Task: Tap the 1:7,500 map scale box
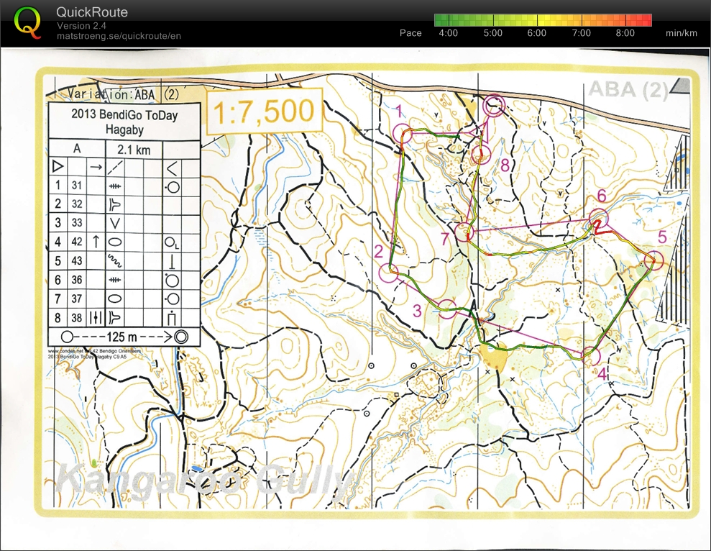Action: pos(263,111)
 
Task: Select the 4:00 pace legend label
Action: pos(448,33)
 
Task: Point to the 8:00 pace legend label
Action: pos(625,33)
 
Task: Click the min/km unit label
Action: pos(682,33)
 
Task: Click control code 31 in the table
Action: pos(77,185)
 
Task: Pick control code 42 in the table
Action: pos(77,242)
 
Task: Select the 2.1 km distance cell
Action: pos(134,148)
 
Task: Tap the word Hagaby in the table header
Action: pos(124,129)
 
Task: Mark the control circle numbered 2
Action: pos(389,273)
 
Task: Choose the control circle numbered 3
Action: pos(447,309)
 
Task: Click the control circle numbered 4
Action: pos(590,355)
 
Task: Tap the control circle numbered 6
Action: pos(599,217)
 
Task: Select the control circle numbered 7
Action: pos(464,232)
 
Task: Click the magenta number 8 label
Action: pos(505,165)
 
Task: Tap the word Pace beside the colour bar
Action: pos(410,33)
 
